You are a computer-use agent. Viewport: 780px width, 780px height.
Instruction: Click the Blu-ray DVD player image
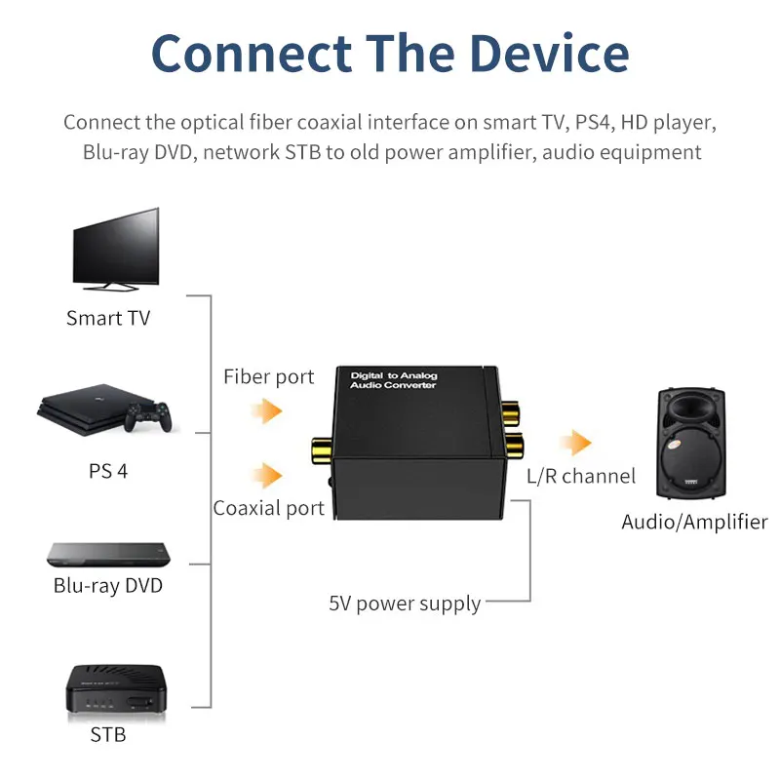point(108,554)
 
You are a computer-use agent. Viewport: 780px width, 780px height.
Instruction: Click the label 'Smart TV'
point(108,318)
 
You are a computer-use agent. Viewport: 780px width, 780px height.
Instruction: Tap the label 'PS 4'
point(108,471)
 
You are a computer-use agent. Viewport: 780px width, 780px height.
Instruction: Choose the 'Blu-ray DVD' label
point(108,586)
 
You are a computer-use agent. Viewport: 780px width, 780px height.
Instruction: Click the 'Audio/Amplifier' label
point(694,522)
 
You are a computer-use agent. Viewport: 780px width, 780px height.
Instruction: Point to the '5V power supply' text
point(405,604)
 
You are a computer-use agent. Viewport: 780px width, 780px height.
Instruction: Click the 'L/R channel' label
point(581,476)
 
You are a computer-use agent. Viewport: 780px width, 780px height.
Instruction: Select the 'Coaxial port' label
point(269,508)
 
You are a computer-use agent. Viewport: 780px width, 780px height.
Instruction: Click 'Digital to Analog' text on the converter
point(393,374)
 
